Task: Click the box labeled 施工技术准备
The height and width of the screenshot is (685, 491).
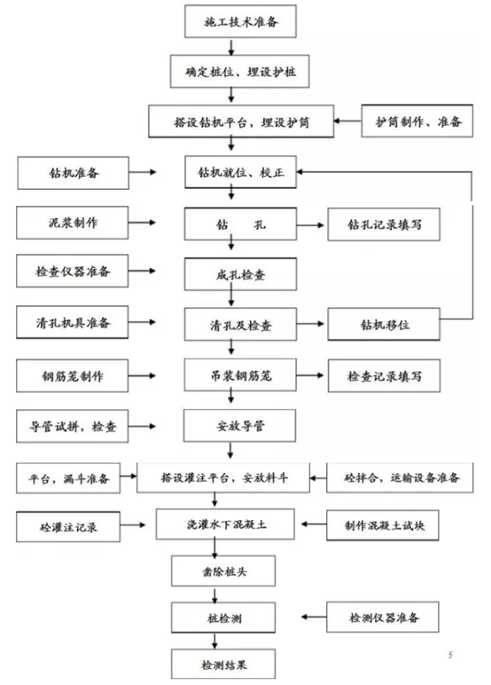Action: tap(238, 20)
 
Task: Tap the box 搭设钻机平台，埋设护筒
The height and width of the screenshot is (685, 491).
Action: tap(240, 121)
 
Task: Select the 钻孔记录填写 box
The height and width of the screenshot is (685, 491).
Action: tap(385, 223)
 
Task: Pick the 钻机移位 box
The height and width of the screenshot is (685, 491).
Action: tap(385, 323)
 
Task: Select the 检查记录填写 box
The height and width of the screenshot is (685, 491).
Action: tap(385, 374)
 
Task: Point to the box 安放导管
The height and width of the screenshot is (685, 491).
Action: tap(238, 424)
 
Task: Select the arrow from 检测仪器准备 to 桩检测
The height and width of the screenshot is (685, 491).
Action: tap(310, 615)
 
